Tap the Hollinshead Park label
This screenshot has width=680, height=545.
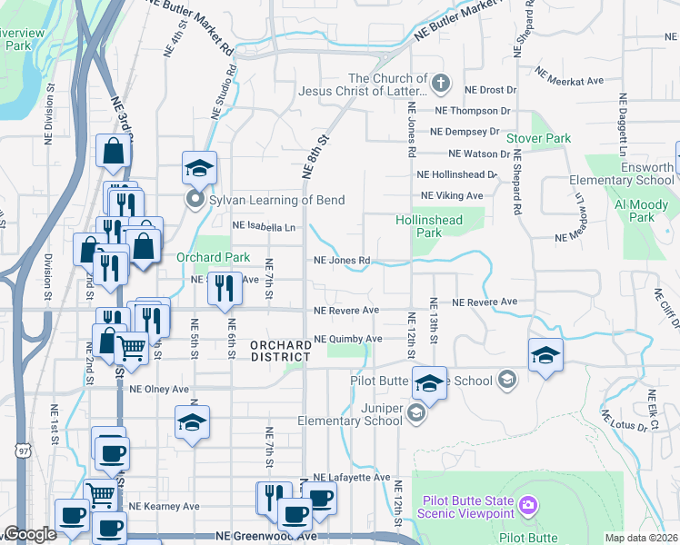click(x=429, y=226)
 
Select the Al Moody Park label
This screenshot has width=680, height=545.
click(x=635, y=212)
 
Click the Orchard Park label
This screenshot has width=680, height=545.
click(x=213, y=258)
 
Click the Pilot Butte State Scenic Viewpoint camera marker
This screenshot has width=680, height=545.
click(x=528, y=503)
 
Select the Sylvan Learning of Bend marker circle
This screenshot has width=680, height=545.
click(x=195, y=199)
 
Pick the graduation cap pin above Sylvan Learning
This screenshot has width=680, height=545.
click(x=199, y=168)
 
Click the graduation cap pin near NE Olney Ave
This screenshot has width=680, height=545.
click(x=192, y=422)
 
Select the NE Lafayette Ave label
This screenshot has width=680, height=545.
click(x=351, y=477)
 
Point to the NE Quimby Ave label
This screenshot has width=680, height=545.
click(x=347, y=340)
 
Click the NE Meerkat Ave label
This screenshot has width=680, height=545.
click(x=570, y=76)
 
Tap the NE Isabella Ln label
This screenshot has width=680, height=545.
click(x=265, y=226)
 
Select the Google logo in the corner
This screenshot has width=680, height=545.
click(x=29, y=535)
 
